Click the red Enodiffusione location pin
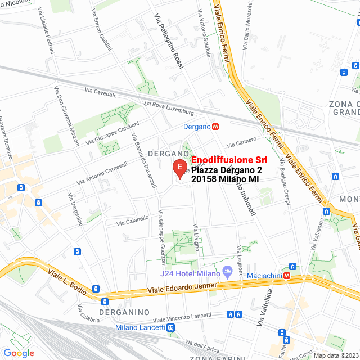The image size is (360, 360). click(x=179, y=168)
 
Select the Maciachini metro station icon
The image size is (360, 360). click(x=287, y=275)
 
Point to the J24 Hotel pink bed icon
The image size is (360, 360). click(x=228, y=272)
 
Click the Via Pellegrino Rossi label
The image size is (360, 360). click(x=169, y=42)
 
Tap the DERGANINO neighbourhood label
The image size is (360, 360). click(x=124, y=312)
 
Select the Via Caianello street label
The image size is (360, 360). click(x=133, y=220)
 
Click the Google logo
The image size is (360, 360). click(x=19, y=353)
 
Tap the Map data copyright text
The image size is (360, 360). click(x=336, y=355)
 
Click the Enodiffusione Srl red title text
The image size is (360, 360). click(x=229, y=160)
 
